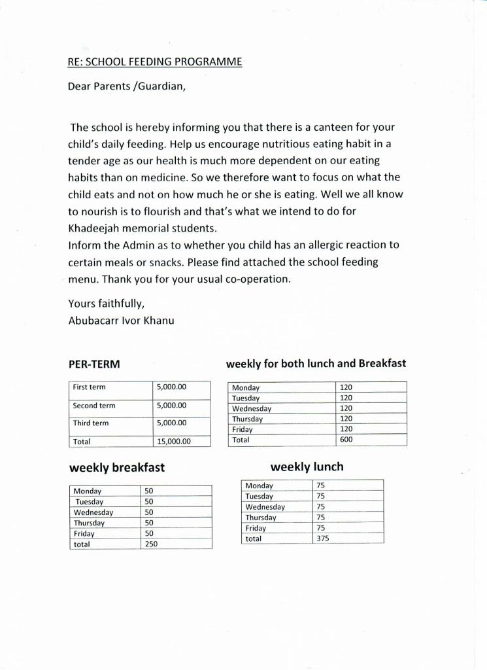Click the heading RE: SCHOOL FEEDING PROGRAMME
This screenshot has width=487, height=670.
tap(155, 62)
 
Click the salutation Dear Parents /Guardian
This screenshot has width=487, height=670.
tap(127, 86)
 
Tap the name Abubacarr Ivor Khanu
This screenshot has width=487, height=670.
tap(121, 321)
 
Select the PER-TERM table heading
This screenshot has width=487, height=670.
tap(94, 364)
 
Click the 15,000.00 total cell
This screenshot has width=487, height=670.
tap(174, 442)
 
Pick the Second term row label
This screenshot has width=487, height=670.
tap(94, 406)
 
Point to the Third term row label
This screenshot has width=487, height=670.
tap(91, 423)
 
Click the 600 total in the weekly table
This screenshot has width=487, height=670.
tap(346, 440)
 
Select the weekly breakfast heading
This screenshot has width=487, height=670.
tap(117, 468)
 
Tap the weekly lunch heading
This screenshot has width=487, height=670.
tap(307, 467)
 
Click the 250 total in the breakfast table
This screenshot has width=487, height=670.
tap(151, 544)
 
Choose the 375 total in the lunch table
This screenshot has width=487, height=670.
tap(322, 538)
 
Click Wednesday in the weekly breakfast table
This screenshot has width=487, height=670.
tap(93, 512)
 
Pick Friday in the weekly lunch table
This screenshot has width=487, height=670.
tap(256, 528)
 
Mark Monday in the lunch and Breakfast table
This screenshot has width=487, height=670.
tap(246, 387)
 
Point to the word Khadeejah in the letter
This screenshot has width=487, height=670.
tap(97, 228)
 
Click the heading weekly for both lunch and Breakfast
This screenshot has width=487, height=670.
tap(316, 363)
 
